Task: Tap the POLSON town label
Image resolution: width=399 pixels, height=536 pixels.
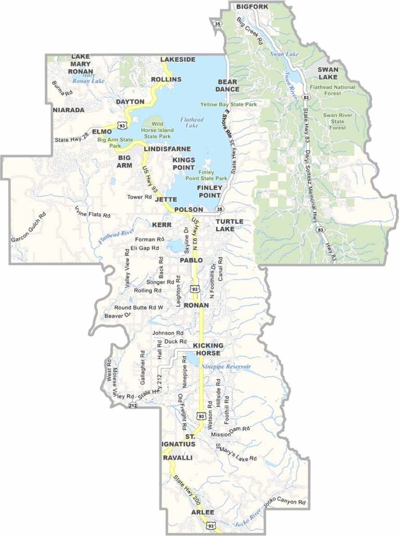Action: (x=188, y=209)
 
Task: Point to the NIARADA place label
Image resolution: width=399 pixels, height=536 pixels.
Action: (x=68, y=110)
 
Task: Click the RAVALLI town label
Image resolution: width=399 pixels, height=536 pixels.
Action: (x=178, y=459)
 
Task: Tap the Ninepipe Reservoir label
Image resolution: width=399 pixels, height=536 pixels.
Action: (x=226, y=367)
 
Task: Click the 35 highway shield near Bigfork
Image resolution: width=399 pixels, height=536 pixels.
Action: (x=217, y=23)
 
